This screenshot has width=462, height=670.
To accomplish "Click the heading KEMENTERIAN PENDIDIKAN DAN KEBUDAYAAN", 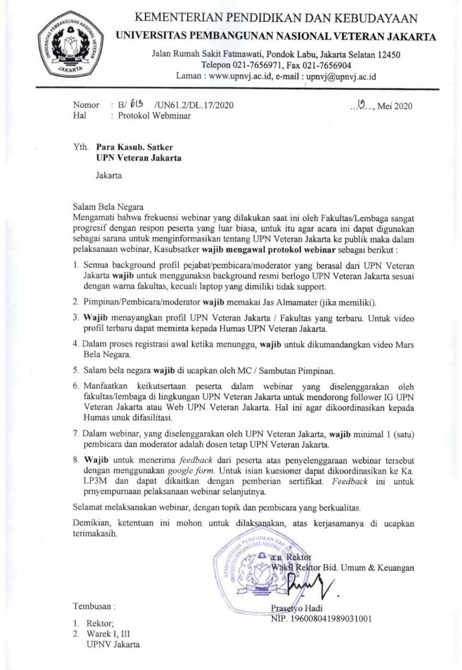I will click(x=276, y=19).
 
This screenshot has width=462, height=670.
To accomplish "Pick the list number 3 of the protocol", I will click(x=76, y=317).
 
